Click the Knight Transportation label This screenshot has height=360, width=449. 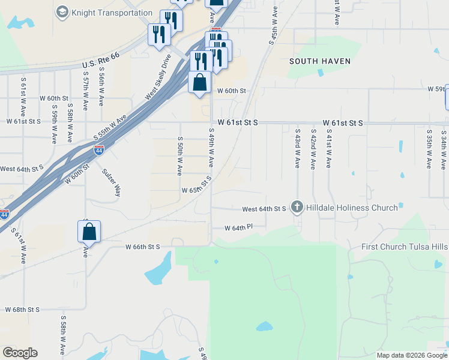coord(112,13)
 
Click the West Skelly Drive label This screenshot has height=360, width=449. coord(158,77)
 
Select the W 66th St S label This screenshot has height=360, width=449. coord(143,247)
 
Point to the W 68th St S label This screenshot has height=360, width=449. coord(22,310)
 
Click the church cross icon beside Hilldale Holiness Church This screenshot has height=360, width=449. coord(297,208)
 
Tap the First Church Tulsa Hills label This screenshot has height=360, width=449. coord(405,247)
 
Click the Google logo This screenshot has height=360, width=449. coord(20,353)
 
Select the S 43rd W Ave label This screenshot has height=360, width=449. coord(297,148)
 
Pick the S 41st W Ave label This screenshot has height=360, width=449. coord(328,148)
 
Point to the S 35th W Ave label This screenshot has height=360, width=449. coord(429,148)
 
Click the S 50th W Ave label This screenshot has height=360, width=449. coord(179,155)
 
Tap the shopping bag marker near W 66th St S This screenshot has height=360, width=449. coord(89,232)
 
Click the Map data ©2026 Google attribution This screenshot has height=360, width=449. coord(411,355)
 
